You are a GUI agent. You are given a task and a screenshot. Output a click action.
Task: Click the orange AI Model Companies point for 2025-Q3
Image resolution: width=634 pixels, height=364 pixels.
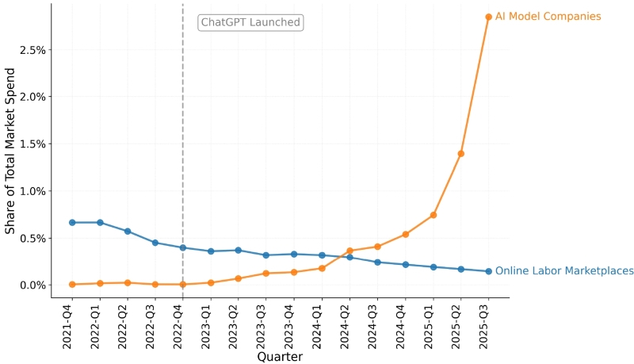[488, 17]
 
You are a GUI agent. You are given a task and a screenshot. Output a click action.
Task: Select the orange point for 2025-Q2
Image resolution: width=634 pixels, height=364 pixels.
[460, 153]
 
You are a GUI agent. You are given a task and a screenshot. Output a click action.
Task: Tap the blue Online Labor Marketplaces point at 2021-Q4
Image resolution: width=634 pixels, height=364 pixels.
[72, 222]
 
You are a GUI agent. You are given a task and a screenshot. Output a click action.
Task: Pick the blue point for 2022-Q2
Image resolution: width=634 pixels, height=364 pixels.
[128, 231]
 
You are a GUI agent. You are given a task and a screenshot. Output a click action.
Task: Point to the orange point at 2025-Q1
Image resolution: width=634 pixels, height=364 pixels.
[433, 215]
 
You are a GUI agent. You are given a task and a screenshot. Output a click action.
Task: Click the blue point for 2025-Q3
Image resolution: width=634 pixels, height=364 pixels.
[488, 271]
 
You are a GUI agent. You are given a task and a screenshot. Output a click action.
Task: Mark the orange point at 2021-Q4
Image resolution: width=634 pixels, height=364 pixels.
[72, 284]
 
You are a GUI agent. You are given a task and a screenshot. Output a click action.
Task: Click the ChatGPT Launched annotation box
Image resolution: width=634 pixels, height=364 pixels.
[250, 22]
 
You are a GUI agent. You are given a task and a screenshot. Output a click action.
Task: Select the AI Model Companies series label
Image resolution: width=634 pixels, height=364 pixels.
[548, 17]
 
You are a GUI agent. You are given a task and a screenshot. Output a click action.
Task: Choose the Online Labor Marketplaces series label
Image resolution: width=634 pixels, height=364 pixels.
[564, 271]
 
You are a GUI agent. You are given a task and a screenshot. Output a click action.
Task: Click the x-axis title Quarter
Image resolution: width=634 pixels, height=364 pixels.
[280, 357]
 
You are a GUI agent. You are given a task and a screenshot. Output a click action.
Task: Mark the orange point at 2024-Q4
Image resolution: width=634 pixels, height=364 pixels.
[405, 234]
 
